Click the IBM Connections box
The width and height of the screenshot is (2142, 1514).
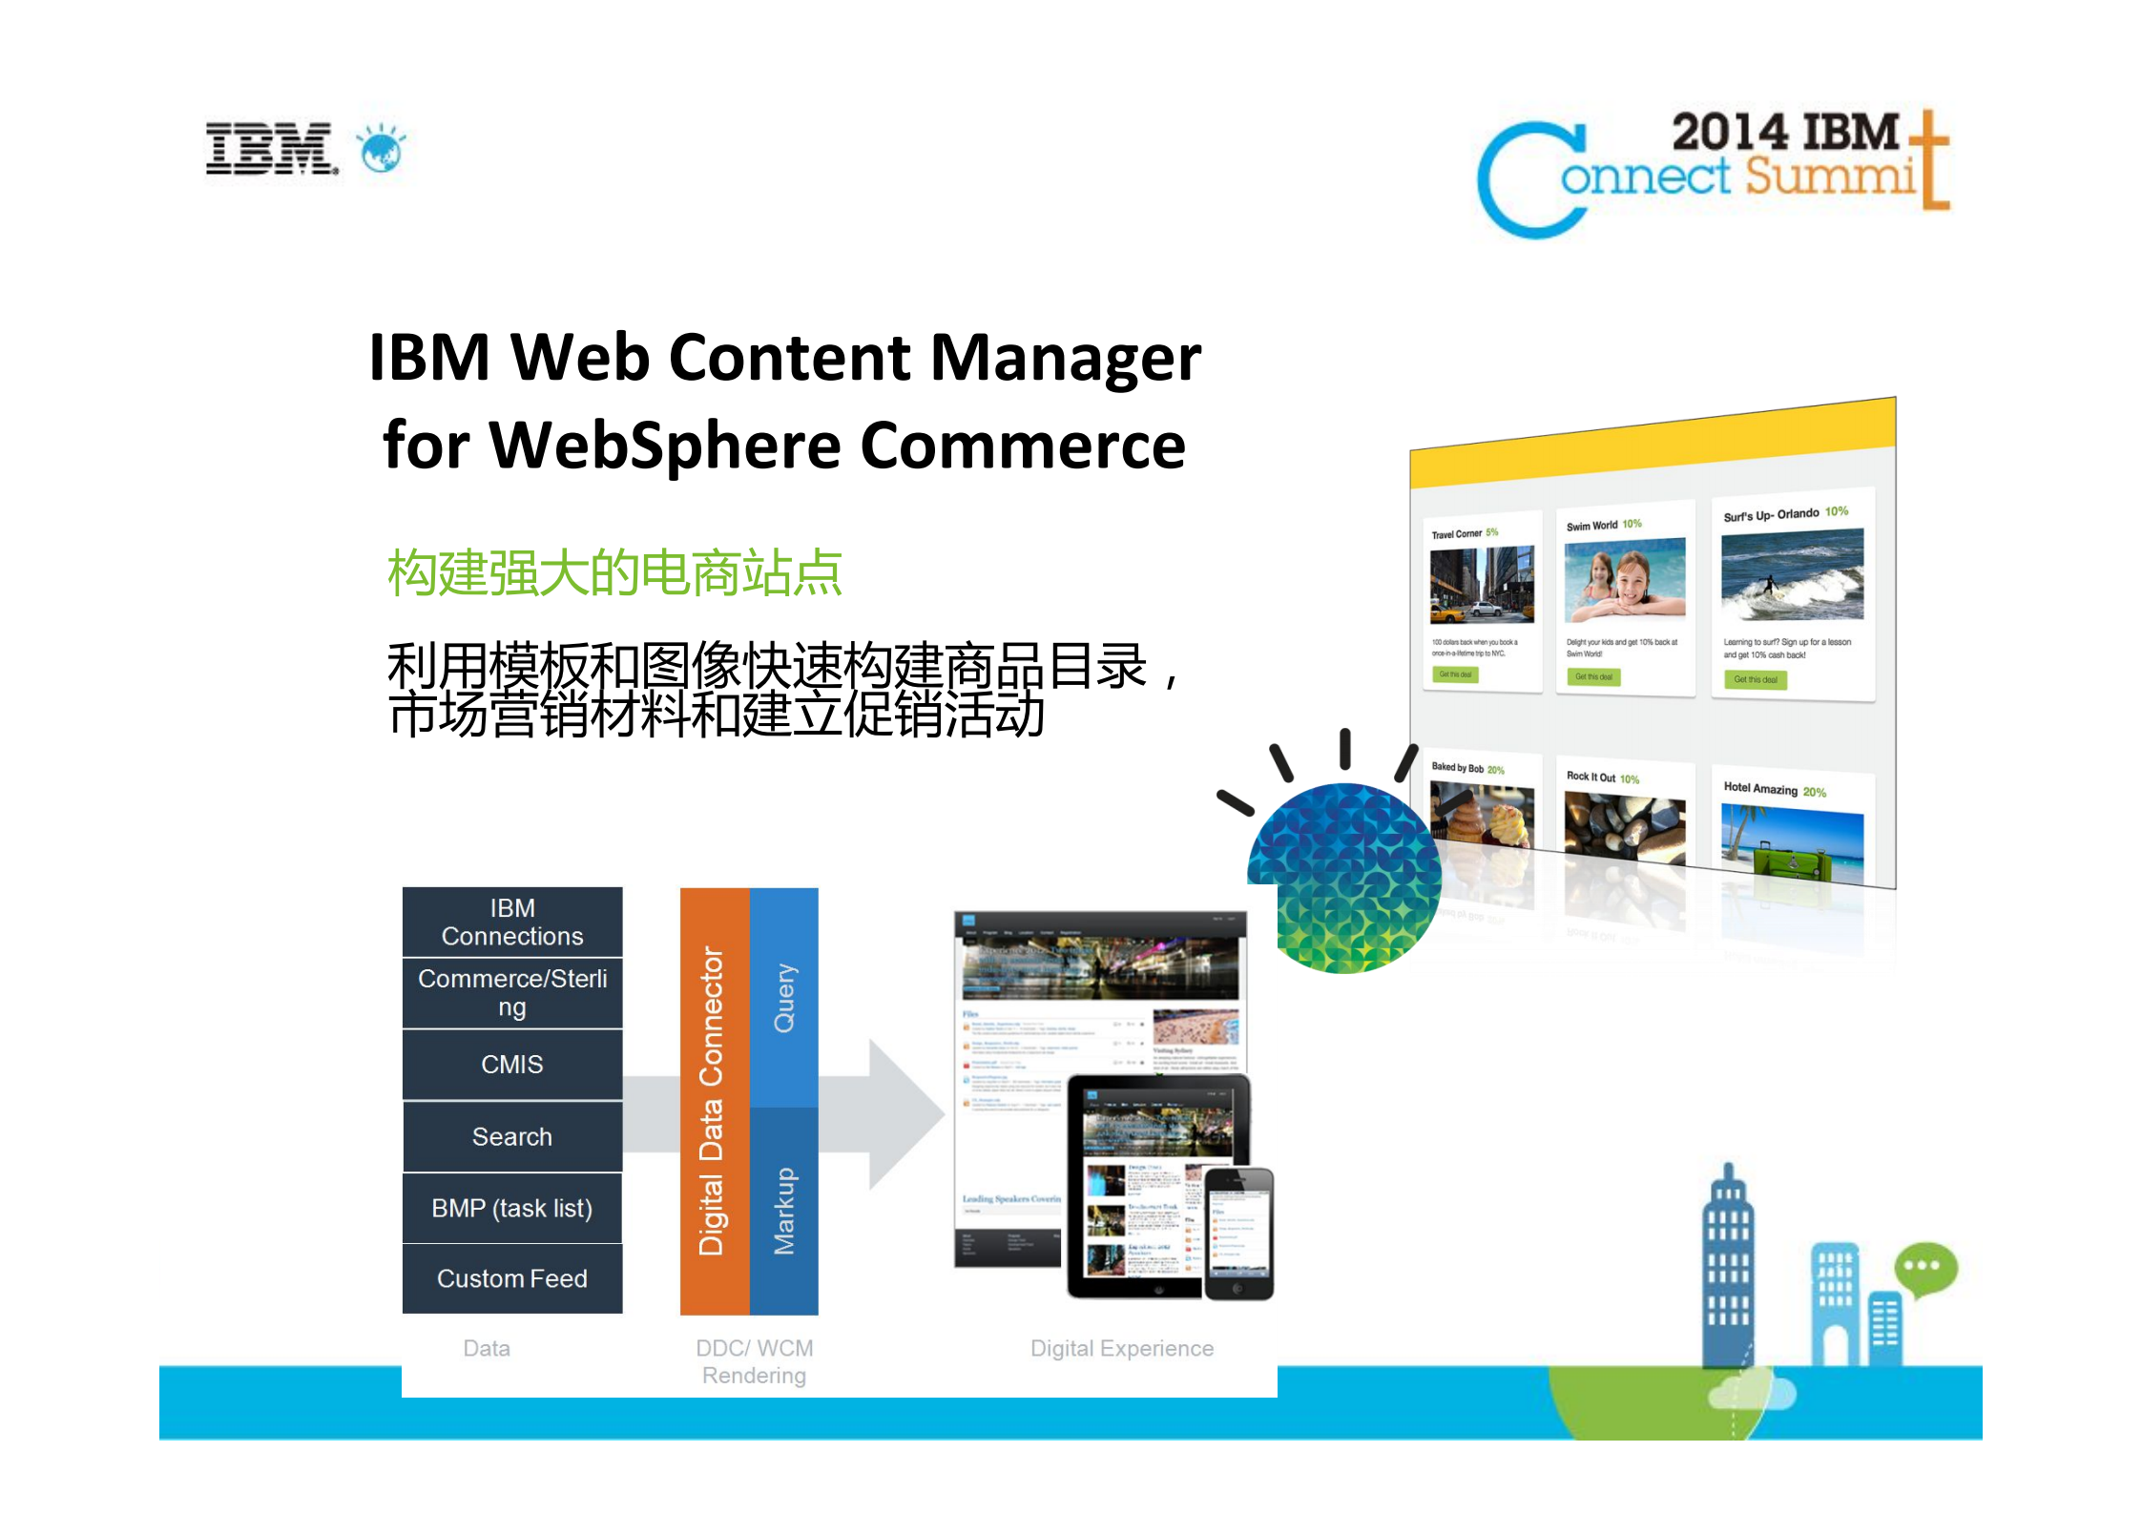tap(512, 922)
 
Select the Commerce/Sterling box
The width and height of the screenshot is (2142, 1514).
tap(512, 992)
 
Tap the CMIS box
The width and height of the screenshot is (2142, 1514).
tap(512, 1064)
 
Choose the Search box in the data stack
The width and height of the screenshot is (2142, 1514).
tap(512, 1136)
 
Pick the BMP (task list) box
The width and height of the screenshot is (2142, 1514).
tap(512, 1208)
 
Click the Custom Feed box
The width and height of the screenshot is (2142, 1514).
tap(512, 1278)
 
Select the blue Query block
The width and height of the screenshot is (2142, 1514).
tap(784, 997)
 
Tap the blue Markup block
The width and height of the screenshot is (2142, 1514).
tap(784, 1211)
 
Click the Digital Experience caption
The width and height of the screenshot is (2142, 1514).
tap(1121, 1348)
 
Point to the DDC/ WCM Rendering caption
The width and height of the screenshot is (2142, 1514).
tap(754, 1361)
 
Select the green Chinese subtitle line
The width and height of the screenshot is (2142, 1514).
tap(614, 573)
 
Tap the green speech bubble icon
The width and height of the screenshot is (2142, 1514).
tap(1925, 1268)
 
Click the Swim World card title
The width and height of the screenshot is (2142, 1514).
tap(1591, 526)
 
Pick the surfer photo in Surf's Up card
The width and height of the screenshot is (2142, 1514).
tap(1792, 575)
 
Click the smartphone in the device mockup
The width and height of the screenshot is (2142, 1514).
tap(1238, 1233)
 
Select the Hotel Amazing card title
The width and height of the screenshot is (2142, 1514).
tap(1759, 788)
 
